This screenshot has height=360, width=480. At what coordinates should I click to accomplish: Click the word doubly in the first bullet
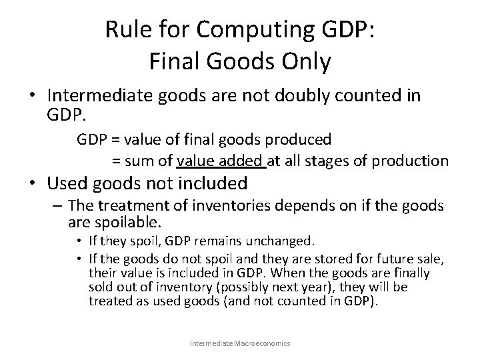coord(302,96)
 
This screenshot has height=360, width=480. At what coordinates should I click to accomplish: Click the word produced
coord(300,139)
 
